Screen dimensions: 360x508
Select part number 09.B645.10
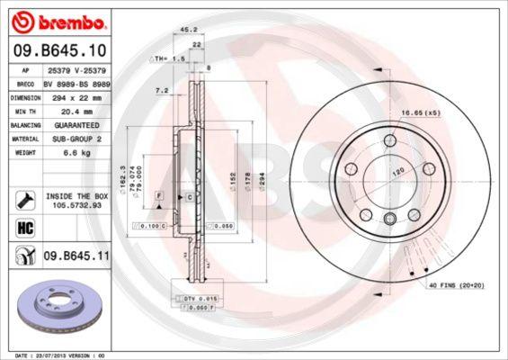(x=60, y=52)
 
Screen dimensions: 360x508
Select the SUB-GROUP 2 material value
(x=74, y=139)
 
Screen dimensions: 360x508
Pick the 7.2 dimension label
(x=162, y=91)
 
